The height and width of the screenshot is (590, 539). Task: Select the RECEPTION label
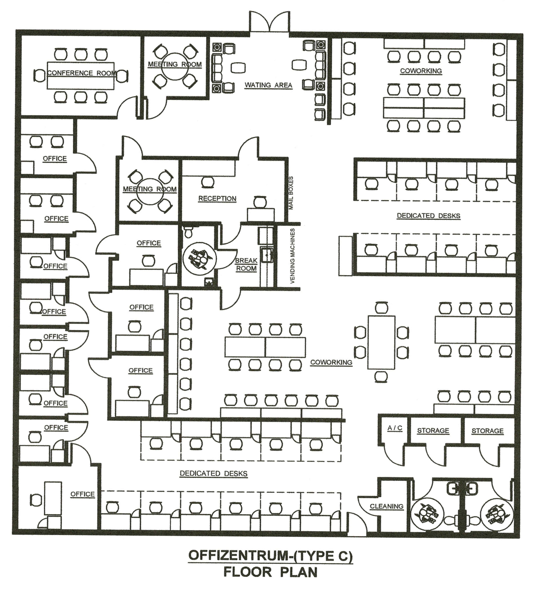(x=217, y=198)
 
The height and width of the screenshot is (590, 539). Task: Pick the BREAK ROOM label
(x=246, y=264)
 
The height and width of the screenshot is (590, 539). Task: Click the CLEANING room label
(x=386, y=506)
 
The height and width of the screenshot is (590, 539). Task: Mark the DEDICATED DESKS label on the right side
(x=428, y=216)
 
